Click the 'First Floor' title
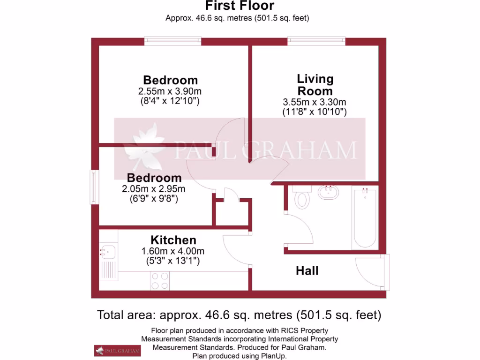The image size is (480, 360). (240, 6)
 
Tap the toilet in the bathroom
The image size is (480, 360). (301, 197)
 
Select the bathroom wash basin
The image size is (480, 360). (328, 192)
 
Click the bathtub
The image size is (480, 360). (365, 217)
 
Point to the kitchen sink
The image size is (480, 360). (108, 252)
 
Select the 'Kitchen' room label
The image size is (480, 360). (173, 240)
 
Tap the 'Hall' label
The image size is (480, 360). (307, 270)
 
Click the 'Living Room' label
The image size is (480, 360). (315, 85)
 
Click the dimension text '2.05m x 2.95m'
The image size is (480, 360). (154, 189)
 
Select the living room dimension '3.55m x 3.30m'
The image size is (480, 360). (314, 102)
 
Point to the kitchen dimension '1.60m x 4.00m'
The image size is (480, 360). (173, 251)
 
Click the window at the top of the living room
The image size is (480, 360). (316, 41)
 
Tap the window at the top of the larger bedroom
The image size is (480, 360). (172, 41)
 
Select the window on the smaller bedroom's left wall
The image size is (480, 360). (95, 187)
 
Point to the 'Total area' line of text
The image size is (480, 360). (239, 315)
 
